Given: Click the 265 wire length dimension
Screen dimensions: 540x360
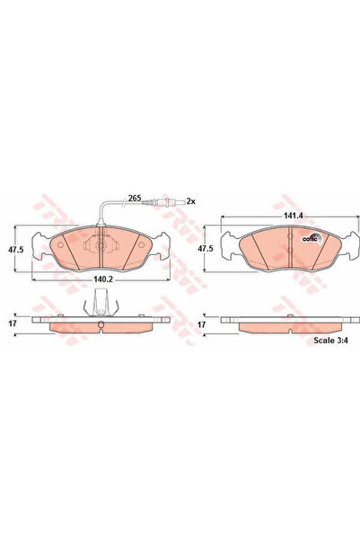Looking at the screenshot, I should pyautogui.click(x=135, y=198).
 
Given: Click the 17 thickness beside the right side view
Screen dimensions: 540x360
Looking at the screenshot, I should pyautogui.click(x=203, y=323).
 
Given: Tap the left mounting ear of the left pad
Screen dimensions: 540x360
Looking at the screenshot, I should pyautogui.click(x=37, y=241).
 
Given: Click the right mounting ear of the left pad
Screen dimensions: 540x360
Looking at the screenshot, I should pyautogui.click(x=162, y=241).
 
